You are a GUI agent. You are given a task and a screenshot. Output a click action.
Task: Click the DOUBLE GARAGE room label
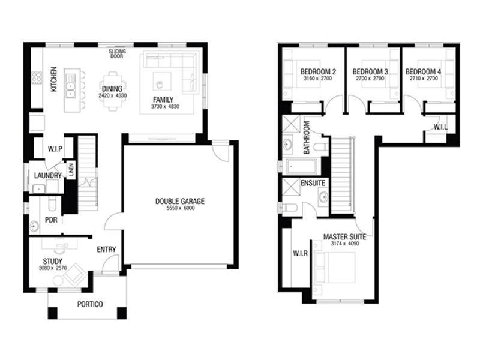click(x=179, y=201)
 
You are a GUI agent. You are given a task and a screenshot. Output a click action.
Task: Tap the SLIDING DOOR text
click(x=117, y=53)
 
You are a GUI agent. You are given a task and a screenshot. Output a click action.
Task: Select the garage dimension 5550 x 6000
click(x=181, y=208)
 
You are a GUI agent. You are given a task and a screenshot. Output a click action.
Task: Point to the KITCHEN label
click(x=53, y=79)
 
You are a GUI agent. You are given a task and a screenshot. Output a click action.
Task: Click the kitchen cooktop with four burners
click(x=37, y=78)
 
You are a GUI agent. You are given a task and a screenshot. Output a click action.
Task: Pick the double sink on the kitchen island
click(x=71, y=86)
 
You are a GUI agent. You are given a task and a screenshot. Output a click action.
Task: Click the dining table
click(x=113, y=91)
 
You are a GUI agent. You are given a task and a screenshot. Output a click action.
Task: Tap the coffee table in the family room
click(x=162, y=81)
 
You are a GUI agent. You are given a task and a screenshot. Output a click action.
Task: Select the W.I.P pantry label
click(x=55, y=149)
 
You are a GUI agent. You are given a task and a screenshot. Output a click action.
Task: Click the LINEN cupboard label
click(x=71, y=170)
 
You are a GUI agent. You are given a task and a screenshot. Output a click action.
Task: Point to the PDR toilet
click(x=52, y=203)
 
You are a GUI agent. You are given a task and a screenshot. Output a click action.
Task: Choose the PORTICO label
click(x=90, y=304)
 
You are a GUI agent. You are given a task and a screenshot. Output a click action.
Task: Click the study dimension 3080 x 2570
click(x=53, y=268)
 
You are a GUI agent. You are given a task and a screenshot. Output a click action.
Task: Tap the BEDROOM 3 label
click(x=370, y=71)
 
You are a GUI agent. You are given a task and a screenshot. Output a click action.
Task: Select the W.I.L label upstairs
click(x=440, y=127)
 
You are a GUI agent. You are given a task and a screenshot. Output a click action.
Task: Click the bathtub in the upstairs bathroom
click(x=302, y=167)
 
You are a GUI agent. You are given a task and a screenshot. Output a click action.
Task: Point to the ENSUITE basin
click(x=323, y=197)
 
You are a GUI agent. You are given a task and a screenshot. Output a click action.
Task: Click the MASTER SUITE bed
click(x=335, y=267)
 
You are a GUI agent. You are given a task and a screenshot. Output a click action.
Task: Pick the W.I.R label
click(x=301, y=253)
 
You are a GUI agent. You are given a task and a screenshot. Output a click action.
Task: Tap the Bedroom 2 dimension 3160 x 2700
click(x=317, y=79)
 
